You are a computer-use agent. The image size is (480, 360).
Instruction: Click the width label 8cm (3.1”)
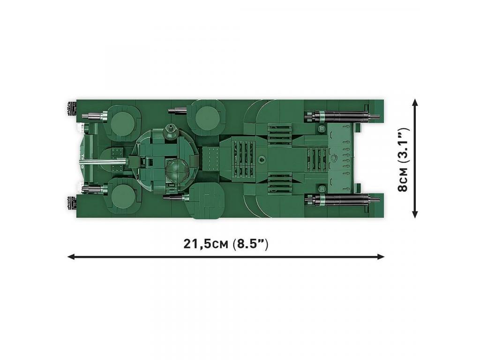click(x=404, y=159)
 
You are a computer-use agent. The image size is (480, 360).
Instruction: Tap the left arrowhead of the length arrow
click(x=71, y=256)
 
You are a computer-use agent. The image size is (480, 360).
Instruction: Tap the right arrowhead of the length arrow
click(x=381, y=256)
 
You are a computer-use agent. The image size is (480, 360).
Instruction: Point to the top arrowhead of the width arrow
click(x=415, y=103)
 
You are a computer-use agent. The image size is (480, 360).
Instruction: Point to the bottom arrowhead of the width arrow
click(x=415, y=214)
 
